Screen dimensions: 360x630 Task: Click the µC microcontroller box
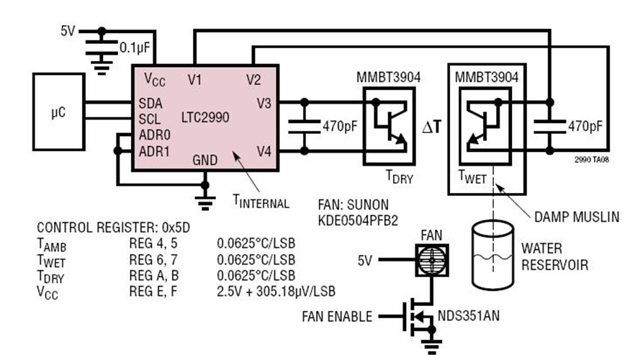pos(58,114)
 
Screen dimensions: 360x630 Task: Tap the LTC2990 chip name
pos(201,117)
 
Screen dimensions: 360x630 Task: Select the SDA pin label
pos(151,103)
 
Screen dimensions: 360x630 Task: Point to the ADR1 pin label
pos(154,150)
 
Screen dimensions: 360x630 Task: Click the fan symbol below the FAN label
pos(432,260)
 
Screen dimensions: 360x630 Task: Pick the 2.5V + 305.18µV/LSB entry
pos(276,290)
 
